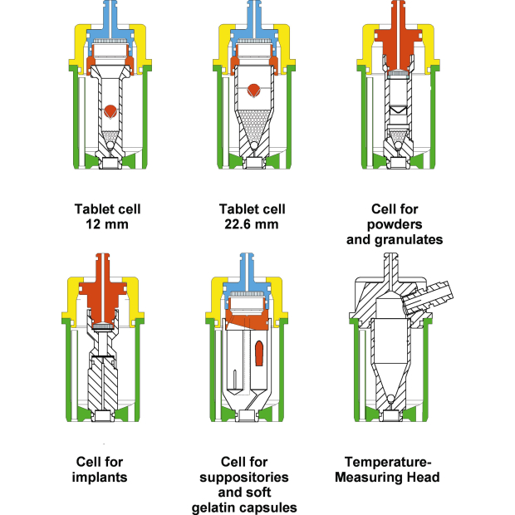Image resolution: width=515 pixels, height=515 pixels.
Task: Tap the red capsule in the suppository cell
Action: (258, 351)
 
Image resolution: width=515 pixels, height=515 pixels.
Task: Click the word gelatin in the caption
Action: (218, 508)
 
